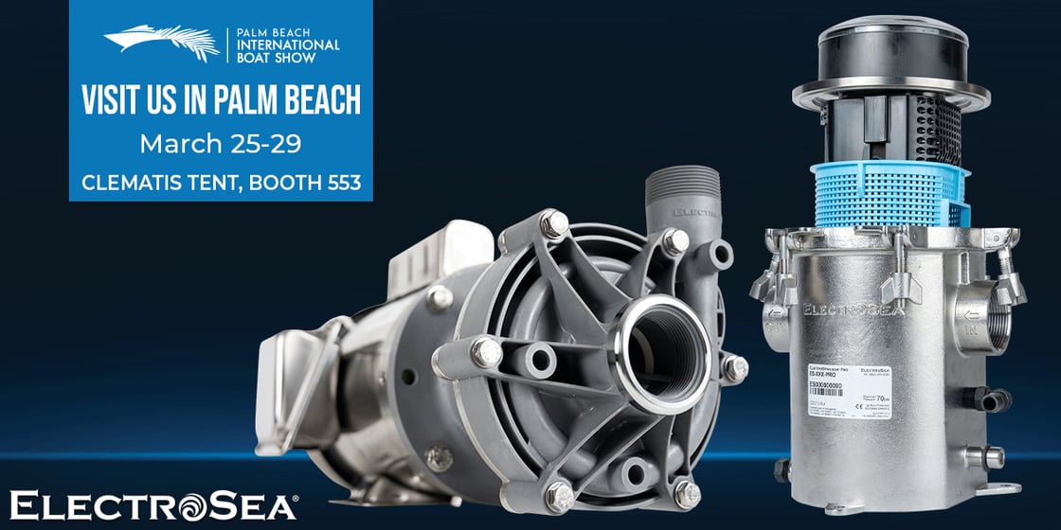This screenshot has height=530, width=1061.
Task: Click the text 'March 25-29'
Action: (x=220, y=144)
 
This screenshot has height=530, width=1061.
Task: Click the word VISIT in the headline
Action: (x=113, y=101)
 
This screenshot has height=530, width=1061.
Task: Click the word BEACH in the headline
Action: (x=309, y=101)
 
